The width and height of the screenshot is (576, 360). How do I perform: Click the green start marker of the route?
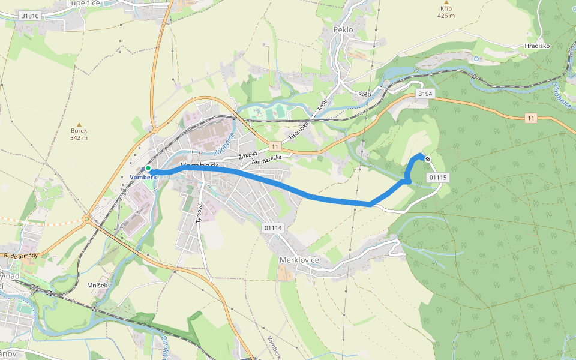tap(148, 169)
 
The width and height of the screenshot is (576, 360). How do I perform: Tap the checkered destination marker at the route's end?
tap(427, 159)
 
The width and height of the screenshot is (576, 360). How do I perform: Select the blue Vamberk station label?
tap(142, 178)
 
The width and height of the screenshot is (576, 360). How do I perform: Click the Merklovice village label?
tap(299, 260)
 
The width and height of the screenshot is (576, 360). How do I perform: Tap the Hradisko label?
tap(537, 46)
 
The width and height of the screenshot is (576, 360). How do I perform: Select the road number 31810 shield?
tap(30, 16)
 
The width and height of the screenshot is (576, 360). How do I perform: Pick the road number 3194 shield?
tap(425, 94)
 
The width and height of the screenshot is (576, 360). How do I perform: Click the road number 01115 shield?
tap(439, 178)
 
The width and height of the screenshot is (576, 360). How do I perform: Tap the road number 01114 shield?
tap(272, 227)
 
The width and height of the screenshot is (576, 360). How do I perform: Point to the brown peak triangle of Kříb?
tap(445, 2)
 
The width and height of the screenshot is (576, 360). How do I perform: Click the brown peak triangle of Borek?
tap(79, 124)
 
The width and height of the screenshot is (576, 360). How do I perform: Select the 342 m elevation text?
tap(79, 138)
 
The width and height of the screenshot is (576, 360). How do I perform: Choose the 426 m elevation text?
tap(446, 16)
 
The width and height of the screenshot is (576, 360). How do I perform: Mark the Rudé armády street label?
tap(21, 256)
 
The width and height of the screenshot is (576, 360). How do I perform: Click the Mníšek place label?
tap(97, 285)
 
